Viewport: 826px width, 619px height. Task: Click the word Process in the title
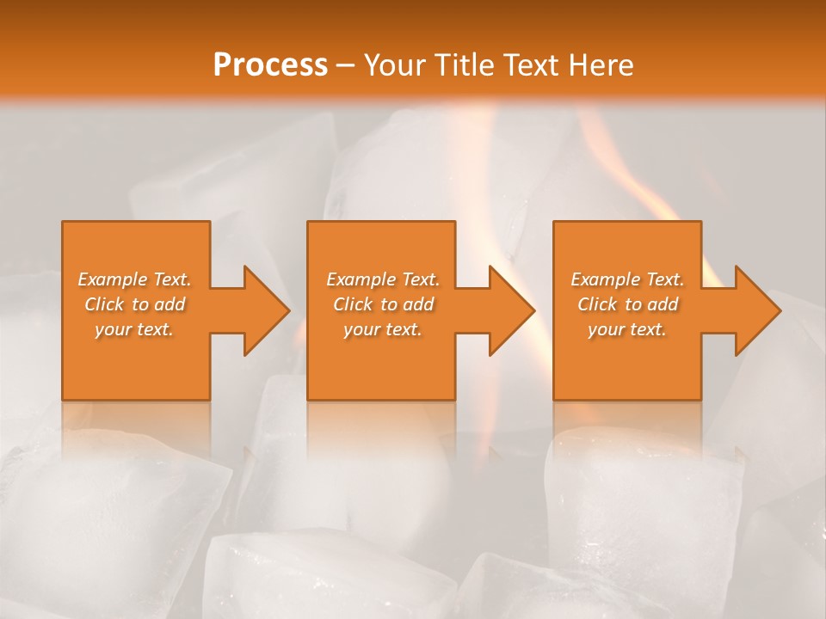(270, 65)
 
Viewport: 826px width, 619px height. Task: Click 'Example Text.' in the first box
(135, 279)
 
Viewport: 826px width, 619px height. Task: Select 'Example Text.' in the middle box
(383, 279)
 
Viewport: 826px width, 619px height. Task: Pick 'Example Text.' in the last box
(627, 279)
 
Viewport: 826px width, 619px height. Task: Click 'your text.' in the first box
(134, 329)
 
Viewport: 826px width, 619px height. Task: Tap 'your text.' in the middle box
(383, 329)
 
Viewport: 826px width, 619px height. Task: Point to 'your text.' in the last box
(627, 329)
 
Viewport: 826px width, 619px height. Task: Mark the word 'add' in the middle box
(418, 304)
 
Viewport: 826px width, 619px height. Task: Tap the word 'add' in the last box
(663, 304)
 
